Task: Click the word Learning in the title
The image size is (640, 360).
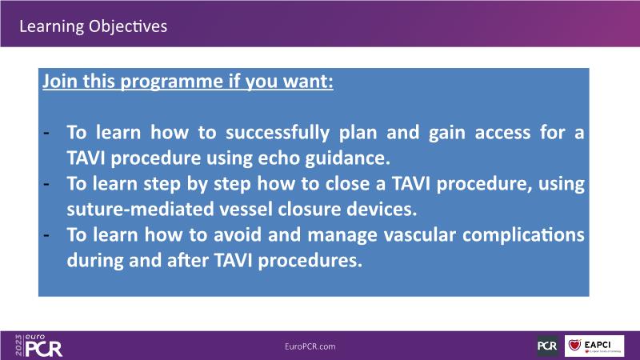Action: (x=52, y=27)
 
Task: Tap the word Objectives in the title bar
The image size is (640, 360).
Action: (x=128, y=26)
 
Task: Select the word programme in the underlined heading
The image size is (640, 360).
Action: (x=172, y=82)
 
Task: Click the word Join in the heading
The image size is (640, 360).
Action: (x=61, y=81)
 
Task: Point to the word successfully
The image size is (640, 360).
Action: (x=278, y=133)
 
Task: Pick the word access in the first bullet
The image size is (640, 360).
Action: (x=502, y=133)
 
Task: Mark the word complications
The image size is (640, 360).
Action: (x=523, y=235)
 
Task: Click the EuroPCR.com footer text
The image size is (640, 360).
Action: (x=310, y=346)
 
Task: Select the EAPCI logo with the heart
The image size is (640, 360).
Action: (x=594, y=346)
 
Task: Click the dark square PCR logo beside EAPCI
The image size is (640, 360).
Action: (x=547, y=346)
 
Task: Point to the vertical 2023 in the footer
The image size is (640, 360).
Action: (x=18, y=346)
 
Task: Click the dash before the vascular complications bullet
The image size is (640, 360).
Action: (x=46, y=234)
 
